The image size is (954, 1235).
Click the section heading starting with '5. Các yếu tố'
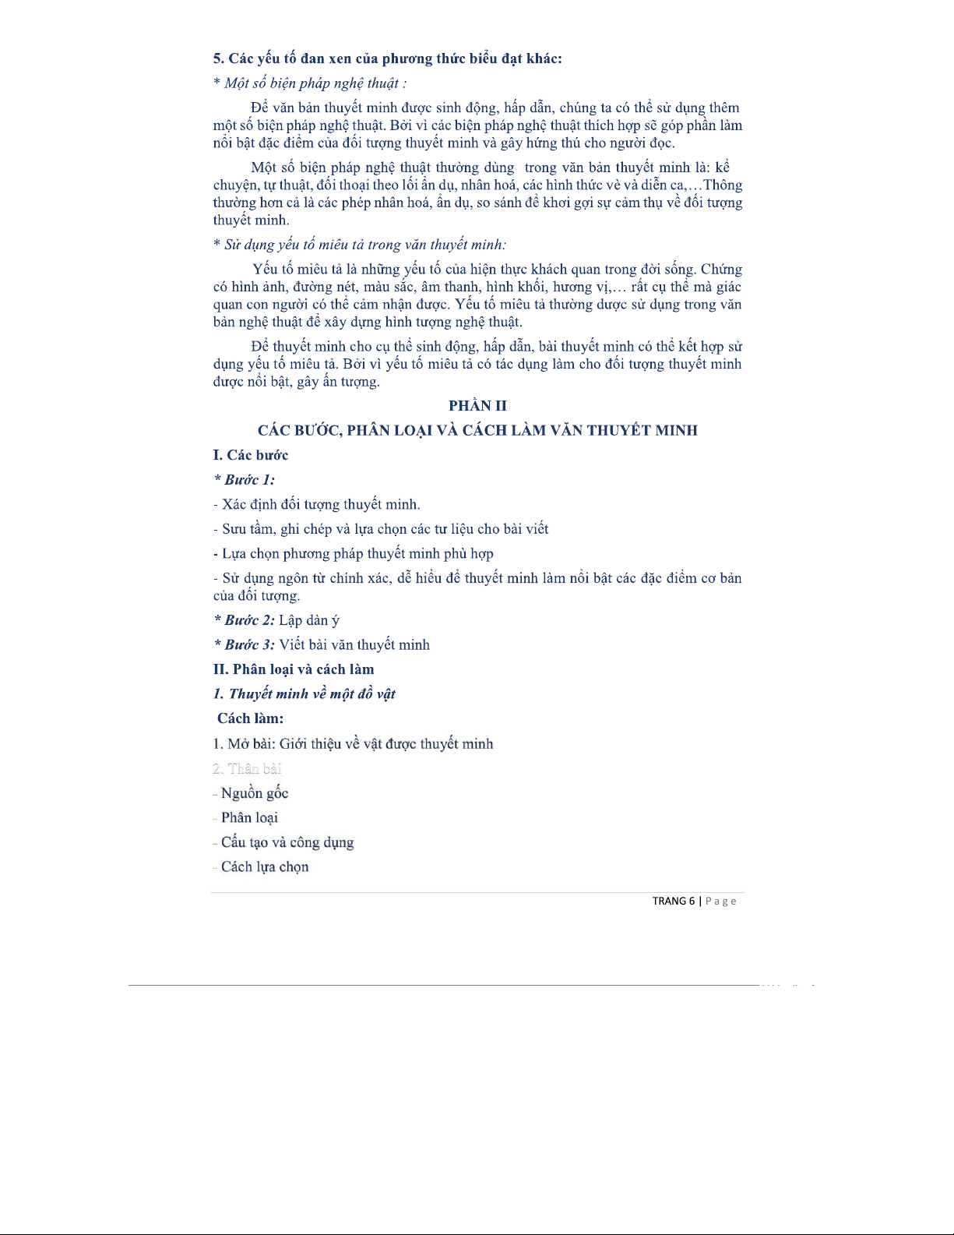tap(387, 58)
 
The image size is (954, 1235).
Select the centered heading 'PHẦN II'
tap(477, 405)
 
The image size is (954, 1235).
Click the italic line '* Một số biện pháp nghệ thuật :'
tap(310, 83)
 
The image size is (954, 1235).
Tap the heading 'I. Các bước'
tap(251, 455)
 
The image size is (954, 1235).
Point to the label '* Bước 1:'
tap(245, 480)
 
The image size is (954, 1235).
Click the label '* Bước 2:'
tap(245, 620)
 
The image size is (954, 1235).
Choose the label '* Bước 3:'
tap(245, 644)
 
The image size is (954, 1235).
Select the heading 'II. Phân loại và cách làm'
tap(294, 669)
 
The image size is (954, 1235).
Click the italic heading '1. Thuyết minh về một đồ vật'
tap(305, 693)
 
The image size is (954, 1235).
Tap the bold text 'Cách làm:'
tap(250, 718)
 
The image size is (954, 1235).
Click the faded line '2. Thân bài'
tap(247, 768)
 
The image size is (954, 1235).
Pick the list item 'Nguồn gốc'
tap(255, 793)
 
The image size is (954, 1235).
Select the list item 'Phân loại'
tap(249, 817)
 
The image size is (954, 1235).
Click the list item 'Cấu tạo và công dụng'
tap(287, 842)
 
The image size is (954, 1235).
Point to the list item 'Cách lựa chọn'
tap(265, 866)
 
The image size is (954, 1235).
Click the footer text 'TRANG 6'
tap(673, 901)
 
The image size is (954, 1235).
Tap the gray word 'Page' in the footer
tap(720, 902)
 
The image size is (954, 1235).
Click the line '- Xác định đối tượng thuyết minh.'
tap(317, 504)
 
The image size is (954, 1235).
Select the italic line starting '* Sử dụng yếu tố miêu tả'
tap(360, 245)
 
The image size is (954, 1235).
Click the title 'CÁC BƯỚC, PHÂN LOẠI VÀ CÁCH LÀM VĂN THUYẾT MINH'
tap(477, 430)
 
